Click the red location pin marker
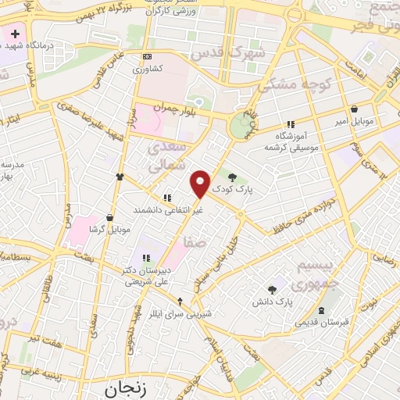(201, 184)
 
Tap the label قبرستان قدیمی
(321, 322)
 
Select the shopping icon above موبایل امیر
(355, 109)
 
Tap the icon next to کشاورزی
(147, 57)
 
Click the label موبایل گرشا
(107, 229)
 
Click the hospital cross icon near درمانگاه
(14, 35)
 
